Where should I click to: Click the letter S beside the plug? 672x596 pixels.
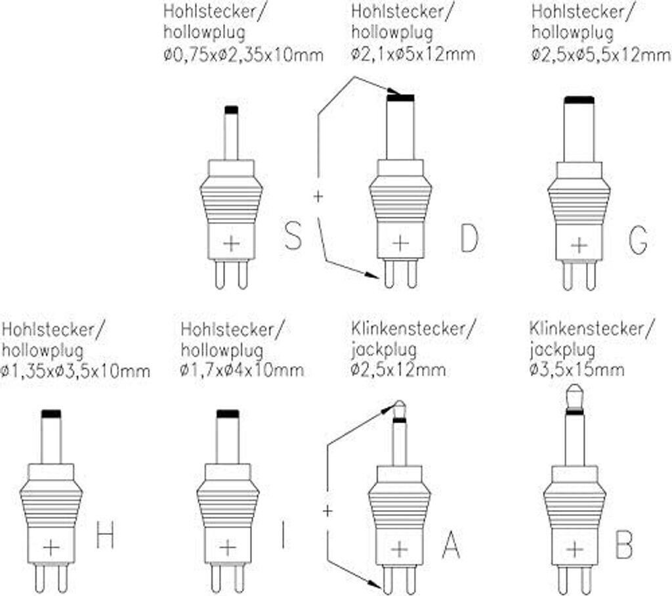coord(293,235)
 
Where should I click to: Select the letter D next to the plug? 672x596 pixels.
coord(469,237)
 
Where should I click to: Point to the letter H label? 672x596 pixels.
coord(105,535)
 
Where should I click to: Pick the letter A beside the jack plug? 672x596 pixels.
coord(451,545)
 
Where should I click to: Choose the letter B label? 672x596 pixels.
coord(624,545)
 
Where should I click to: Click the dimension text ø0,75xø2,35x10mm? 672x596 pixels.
coord(243,55)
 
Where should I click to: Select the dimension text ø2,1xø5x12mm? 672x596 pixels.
coord(413,55)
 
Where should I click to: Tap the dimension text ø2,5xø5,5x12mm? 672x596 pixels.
coord(601,55)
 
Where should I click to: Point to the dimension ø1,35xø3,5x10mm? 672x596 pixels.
coord(76,371)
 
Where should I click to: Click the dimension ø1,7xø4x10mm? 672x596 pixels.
coord(242,370)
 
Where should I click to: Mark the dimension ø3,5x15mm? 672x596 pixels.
coord(577,369)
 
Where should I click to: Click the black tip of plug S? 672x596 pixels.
coord(232,110)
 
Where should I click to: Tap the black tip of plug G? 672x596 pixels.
coord(579,101)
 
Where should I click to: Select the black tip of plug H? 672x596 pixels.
coord(51,415)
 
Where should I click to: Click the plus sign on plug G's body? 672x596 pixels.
coord(579,246)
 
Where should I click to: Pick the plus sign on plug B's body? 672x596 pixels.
coord(574,549)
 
